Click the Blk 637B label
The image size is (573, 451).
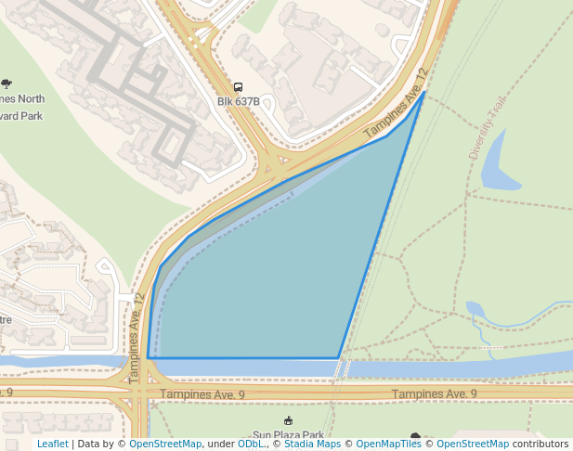tap(239, 101)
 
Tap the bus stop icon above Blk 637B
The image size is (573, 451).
tap(239, 87)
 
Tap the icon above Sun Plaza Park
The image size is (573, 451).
tap(288, 421)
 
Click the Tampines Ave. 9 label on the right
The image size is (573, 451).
tap(434, 394)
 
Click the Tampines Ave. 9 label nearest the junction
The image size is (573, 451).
tap(202, 394)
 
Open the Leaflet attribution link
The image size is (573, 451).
tap(52, 444)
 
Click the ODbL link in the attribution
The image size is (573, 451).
tap(251, 444)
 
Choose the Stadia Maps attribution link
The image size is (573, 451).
tap(312, 444)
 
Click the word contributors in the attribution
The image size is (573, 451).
tap(540, 444)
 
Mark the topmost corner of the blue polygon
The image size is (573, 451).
tap(425, 91)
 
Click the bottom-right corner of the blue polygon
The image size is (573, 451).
tap(338, 357)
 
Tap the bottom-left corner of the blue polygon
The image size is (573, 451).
tap(148, 357)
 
